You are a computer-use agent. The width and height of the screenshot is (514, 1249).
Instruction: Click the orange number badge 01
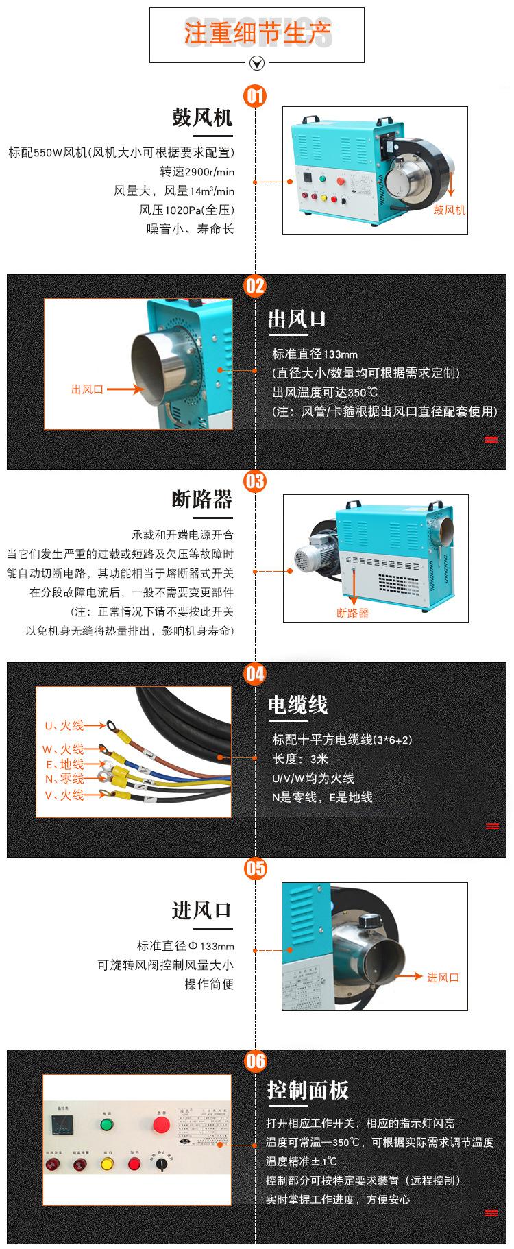pos(255,95)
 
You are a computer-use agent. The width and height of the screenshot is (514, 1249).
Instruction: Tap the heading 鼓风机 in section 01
pos(202,117)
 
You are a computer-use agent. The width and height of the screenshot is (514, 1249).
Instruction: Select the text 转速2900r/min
pos(197,171)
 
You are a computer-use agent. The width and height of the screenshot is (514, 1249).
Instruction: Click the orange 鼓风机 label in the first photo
pos(449,210)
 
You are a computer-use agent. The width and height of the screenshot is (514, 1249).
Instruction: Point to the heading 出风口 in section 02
pos(297,319)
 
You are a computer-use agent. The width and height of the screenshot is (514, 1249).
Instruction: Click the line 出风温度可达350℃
pos(325,392)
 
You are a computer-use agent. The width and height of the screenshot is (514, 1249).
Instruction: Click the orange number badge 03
pos(255,481)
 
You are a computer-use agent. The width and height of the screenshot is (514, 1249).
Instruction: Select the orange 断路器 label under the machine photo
pos(352,613)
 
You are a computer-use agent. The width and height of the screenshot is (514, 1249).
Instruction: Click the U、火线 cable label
pos(64,725)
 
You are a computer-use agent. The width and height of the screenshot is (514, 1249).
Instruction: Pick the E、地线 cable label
pos(64,764)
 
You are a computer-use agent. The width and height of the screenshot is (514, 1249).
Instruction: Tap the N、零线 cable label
pos(64,779)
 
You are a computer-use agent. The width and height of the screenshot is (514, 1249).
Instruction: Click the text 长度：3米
pos(300,759)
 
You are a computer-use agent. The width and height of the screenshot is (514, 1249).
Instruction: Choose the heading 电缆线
pos(297,705)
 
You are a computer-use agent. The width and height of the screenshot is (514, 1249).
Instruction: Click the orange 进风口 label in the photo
pos(443,978)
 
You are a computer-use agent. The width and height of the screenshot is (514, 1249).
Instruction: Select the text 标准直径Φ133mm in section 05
pos(185,946)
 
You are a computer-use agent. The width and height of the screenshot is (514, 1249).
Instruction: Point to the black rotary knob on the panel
pos(161,1164)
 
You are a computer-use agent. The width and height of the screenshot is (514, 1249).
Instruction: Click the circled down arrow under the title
pos(256,64)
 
